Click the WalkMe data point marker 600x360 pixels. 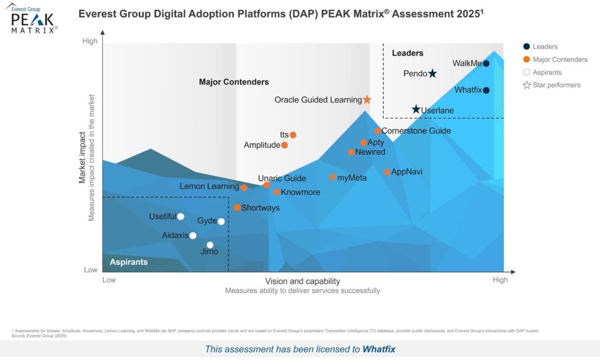point(486,63)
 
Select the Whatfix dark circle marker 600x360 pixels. point(486,90)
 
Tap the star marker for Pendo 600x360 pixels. point(432,73)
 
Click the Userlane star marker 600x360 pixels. point(416,110)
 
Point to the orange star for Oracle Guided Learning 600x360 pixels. point(367,100)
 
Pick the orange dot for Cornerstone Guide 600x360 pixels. point(378,131)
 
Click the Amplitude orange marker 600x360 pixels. point(285,145)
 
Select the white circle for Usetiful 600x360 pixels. point(180,216)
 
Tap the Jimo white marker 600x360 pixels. point(210,245)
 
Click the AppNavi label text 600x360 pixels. point(407,172)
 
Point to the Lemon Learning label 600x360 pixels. point(209,187)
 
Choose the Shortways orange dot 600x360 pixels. point(237,208)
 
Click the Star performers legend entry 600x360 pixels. point(556,85)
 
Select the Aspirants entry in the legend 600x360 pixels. point(547,72)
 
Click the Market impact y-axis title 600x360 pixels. point(83,158)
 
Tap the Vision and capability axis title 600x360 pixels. point(302,281)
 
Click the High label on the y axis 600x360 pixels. point(90,41)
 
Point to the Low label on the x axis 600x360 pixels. point(109,280)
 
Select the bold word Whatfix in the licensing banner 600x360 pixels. point(379,349)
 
